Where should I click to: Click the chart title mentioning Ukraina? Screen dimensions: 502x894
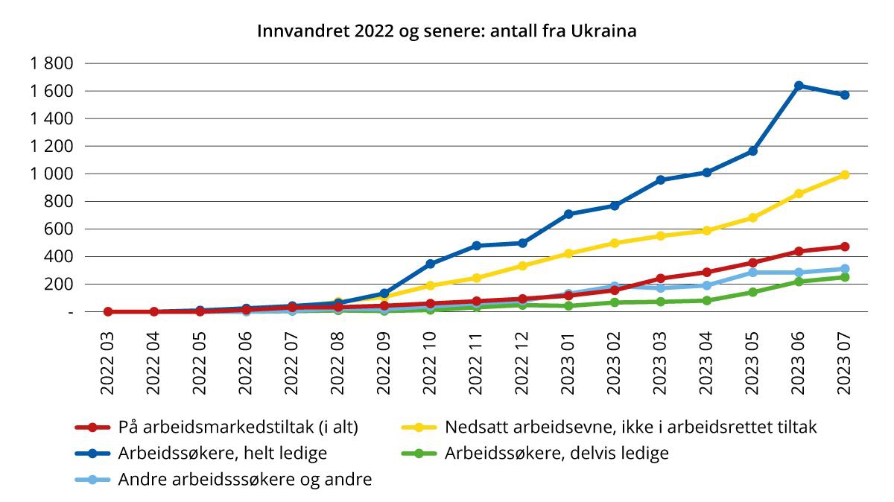pos(447,31)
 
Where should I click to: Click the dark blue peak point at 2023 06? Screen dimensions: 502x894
pos(799,86)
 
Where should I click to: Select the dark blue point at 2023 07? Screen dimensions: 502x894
pos(845,95)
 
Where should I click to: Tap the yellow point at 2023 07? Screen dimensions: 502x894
pos(845,175)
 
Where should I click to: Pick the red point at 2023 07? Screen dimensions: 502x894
pos(845,247)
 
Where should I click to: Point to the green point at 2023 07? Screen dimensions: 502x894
pos(845,277)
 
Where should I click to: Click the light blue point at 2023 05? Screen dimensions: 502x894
pos(752,273)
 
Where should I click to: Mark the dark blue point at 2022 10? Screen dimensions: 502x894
pos(431,264)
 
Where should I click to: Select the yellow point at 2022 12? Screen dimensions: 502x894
pos(523,266)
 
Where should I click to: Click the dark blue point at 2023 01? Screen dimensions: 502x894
pos(568,215)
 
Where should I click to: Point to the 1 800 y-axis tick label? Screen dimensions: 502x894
pos(51,64)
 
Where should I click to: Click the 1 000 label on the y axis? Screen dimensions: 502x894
pos(51,174)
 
